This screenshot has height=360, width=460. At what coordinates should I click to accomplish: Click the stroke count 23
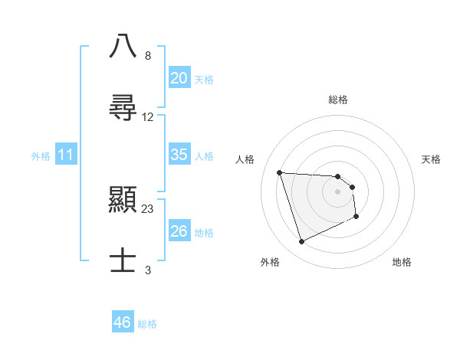click(x=148, y=208)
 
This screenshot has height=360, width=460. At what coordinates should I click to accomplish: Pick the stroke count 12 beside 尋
click(x=148, y=116)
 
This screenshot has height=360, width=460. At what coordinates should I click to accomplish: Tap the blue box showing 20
click(x=179, y=78)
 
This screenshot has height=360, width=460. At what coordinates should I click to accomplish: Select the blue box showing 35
click(x=179, y=155)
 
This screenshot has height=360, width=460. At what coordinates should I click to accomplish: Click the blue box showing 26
click(x=179, y=231)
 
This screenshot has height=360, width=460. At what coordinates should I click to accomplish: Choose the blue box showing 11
click(x=66, y=155)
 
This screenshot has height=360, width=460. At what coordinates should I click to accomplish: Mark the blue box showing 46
click(x=123, y=322)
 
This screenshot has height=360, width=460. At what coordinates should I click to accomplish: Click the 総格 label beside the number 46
click(x=147, y=324)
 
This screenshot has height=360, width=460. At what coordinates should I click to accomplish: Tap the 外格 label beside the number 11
click(x=41, y=156)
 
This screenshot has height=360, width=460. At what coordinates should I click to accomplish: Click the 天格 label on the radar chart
click(x=432, y=159)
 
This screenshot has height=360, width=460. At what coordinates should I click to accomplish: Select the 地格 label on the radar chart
click(x=402, y=262)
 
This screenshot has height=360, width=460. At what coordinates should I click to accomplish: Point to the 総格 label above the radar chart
click(x=338, y=100)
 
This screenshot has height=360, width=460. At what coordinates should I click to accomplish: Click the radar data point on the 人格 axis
click(x=280, y=172)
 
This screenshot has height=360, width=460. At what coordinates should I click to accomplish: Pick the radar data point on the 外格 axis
click(x=301, y=242)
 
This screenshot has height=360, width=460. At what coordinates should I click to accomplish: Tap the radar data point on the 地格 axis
click(x=356, y=217)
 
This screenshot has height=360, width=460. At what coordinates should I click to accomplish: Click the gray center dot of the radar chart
click(x=337, y=191)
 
